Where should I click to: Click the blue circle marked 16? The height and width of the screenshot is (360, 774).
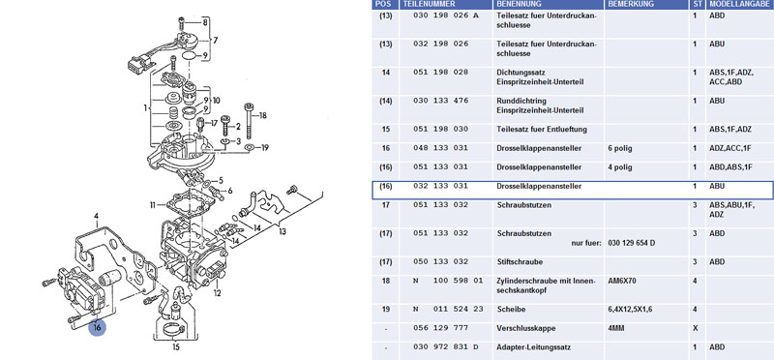(x=98, y=327)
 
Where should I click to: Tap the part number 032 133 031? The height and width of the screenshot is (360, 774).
(x=440, y=186)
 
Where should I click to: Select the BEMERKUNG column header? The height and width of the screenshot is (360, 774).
(x=632, y=4)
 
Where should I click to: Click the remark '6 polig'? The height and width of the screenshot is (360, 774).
(x=620, y=149)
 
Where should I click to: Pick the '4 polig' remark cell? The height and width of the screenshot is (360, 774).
(x=620, y=167)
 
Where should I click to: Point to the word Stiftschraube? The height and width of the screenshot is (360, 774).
(x=519, y=261)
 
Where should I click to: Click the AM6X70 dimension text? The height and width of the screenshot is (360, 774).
(x=622, y=281)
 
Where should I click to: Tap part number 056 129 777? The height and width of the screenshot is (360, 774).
(x=440, y=328)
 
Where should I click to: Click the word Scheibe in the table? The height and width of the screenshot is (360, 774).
(x=511, y=309)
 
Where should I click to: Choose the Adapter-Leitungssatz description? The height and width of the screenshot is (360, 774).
(x=534, y=347)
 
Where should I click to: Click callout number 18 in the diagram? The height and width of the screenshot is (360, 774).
(x=262, y=115)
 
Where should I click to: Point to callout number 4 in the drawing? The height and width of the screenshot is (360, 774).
(x=97, y=216)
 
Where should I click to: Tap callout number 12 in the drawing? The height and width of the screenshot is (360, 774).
(x=217, y=294)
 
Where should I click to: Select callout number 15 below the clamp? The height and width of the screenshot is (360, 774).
(x=177, y=347)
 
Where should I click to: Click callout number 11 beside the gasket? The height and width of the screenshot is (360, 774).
(x=153, y=204)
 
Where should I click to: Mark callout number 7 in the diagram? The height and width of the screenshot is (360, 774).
(x=215, y=40)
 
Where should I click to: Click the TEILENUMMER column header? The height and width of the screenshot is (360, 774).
(x=429, y=4)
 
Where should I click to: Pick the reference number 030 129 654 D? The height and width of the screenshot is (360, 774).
(x=632, y=243)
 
